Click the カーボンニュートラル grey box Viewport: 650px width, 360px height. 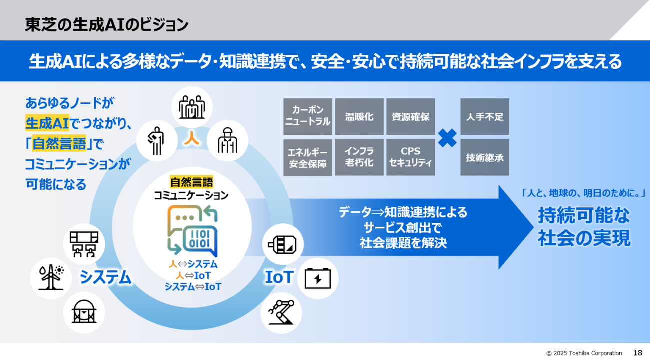[x=307, y=116]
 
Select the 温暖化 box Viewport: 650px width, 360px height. [x=359, y=116]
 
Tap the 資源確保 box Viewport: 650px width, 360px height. [x=410, y=116]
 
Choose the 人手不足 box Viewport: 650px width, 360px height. [x=484, y=116]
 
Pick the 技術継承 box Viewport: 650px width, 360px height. [x=484, y=157]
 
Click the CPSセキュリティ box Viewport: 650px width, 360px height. [x=410, y=157]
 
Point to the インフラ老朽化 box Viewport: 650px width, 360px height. [x=359, y=157]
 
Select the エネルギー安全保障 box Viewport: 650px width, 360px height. [x=307, y=157]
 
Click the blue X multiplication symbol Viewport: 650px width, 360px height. [x=447, y=138]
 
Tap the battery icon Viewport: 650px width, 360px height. [x=317, y=278]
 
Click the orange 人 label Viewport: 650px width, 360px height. [x=192, y=139]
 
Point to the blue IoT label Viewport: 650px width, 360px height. [x=278, y=277]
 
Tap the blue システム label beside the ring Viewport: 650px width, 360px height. [x=106, y=277]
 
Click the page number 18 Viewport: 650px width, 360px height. [x=638, y=353]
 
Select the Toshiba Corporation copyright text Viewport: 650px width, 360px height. [x=584, y=353]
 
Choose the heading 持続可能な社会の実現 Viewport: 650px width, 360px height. [x=584, y=227]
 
